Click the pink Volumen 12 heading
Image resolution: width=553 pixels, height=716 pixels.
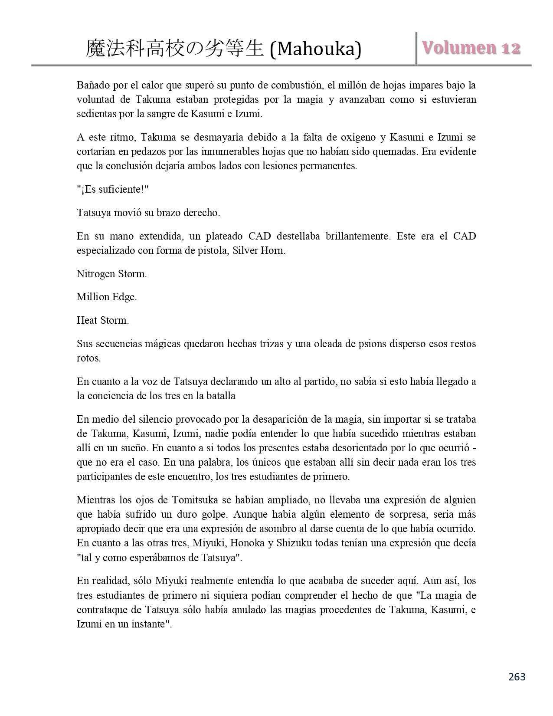click(x=471, y=48)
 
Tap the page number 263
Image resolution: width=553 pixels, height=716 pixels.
click(x=516, y=677)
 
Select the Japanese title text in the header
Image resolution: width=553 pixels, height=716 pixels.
click(x=175, y=49)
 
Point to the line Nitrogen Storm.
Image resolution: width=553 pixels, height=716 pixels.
click(x=112, y=274)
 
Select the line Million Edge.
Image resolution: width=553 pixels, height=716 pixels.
click(x=107, y=297)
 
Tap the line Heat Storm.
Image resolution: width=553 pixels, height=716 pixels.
click(x=103, y=321)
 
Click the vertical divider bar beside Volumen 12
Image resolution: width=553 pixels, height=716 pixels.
click(x=416, y=49)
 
